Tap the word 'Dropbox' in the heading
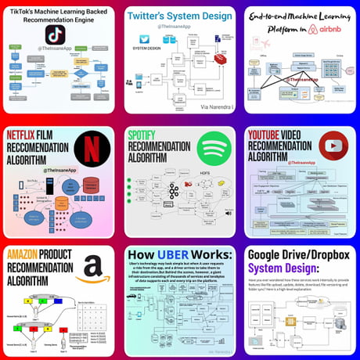pyautogui.click(x=323, y=255)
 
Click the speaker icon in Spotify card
pyautogui.click(x=229, y=211)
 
